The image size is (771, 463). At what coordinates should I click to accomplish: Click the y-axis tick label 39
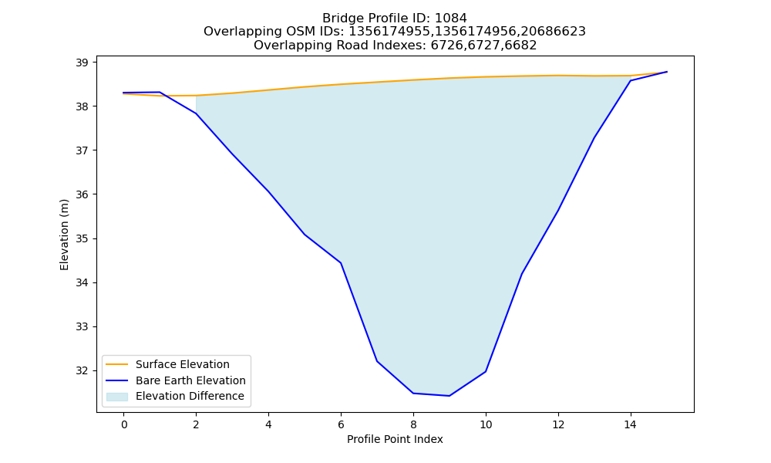point(82,63)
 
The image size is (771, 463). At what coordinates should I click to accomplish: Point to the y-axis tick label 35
point(82,238)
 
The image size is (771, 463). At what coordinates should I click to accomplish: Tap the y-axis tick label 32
point(82,371)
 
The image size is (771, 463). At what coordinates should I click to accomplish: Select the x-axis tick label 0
point(124,424)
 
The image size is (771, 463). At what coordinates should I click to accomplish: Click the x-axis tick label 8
point(413,424)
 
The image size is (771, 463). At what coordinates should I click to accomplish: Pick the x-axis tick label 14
point(631,424)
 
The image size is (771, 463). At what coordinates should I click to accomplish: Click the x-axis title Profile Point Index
point(395,439)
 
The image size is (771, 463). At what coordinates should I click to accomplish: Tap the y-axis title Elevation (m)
point(65,235)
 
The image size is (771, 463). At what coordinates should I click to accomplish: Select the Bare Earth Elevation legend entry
point(176,380)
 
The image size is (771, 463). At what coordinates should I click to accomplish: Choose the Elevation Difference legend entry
point(175,396)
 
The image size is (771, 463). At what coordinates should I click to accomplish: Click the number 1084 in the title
point(451,19)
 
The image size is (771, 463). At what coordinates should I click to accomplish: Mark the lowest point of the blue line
point(449,396)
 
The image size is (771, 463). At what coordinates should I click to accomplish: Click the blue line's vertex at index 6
point(341,262)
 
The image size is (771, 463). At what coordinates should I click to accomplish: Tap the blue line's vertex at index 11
point(522,274)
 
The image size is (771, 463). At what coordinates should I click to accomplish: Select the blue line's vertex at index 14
point(631,81)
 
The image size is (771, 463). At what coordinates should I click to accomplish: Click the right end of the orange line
point(667,72)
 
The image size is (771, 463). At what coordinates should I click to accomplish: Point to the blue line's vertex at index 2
point(196,113)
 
